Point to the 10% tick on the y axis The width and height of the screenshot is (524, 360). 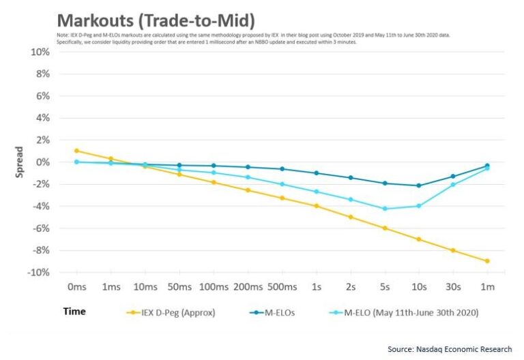40,52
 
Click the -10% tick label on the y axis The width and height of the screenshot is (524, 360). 38,272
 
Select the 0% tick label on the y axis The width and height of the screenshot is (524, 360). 42,162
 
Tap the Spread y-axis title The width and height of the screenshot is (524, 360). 19,162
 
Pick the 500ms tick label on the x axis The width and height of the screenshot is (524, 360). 281,288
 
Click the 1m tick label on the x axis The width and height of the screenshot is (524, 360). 486,288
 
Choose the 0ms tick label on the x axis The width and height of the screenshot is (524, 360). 76,288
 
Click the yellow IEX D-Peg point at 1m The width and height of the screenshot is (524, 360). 486,261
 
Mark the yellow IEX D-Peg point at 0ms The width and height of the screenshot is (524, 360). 76,151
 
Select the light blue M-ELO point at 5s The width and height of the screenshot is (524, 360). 384,209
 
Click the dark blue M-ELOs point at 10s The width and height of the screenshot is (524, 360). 418,185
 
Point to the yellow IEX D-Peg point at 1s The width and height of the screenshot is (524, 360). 316,206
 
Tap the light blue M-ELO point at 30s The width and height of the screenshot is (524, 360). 452,185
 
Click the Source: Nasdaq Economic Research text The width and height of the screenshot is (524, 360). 448,349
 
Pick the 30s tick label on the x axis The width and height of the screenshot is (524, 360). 452,288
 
